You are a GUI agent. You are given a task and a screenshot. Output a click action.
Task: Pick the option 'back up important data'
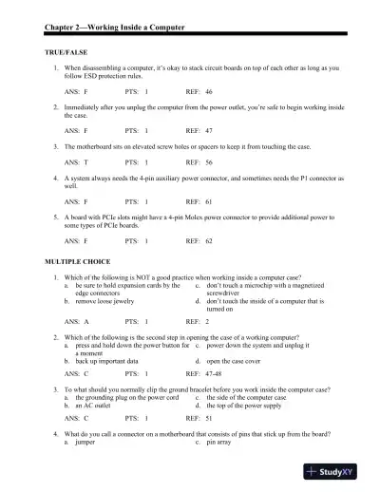(x=111, y=362)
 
